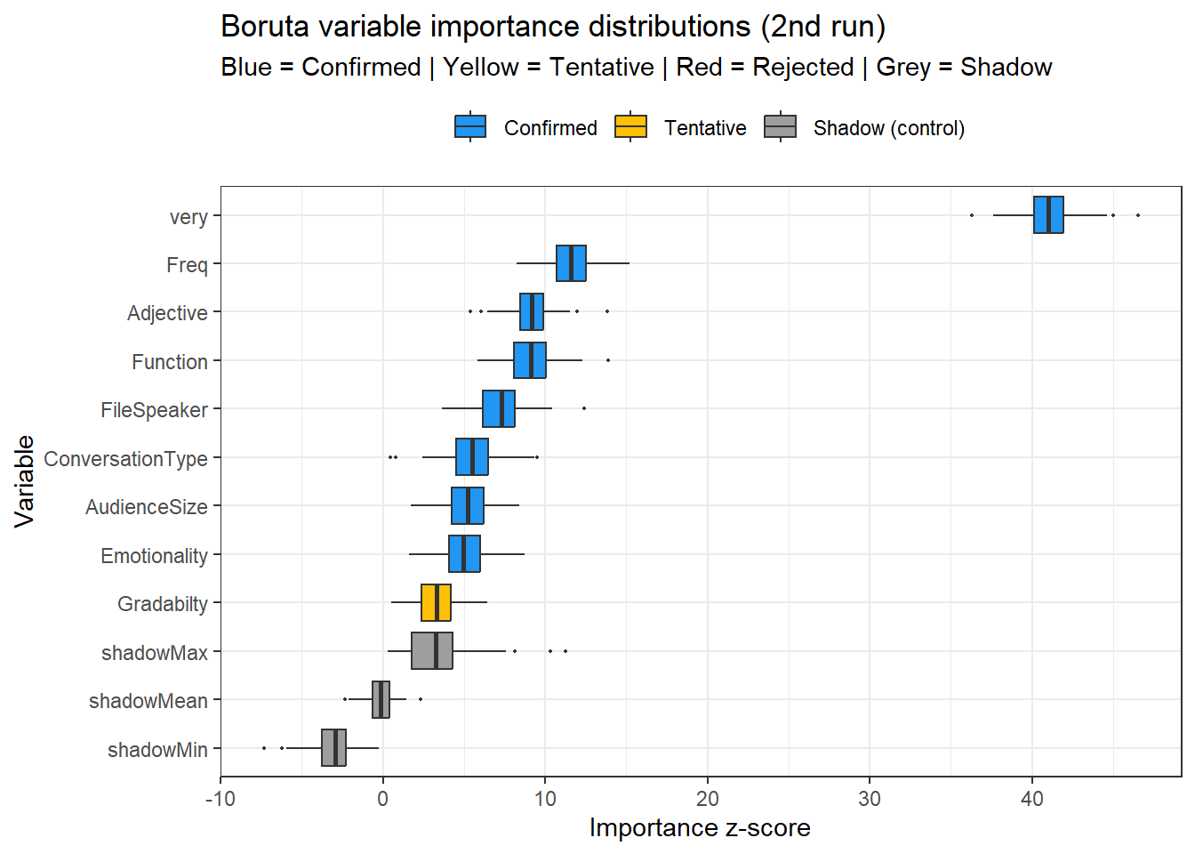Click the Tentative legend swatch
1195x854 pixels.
pyautogui.click(x=630, y=127)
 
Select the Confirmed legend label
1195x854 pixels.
pyautogui.click(x=550, y=128)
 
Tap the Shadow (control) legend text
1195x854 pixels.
pyautogui.click(x=888, y=128)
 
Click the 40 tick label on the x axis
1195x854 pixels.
pyautogui.click(x=1032, y=799)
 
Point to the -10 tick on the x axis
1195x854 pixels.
pyautogui.click(x=221, y=799)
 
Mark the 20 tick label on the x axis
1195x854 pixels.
pyautogui.click(x=708, y=799)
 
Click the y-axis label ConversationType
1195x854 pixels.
pyautogui.click(x=125, y=459)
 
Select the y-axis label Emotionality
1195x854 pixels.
pyautogui.click(x=154, y=556)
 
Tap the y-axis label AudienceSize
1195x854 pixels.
pyautogui.click(x=147, y=507)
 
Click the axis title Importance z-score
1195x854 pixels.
pyautogui.click(x=700, y=828)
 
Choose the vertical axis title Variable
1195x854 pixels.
pyautogui.click(x=24, y=481)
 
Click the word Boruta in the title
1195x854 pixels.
pyautogui.click(x=266, y=27)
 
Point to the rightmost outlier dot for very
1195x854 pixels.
pyautogui.click(x=1138, y=215)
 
